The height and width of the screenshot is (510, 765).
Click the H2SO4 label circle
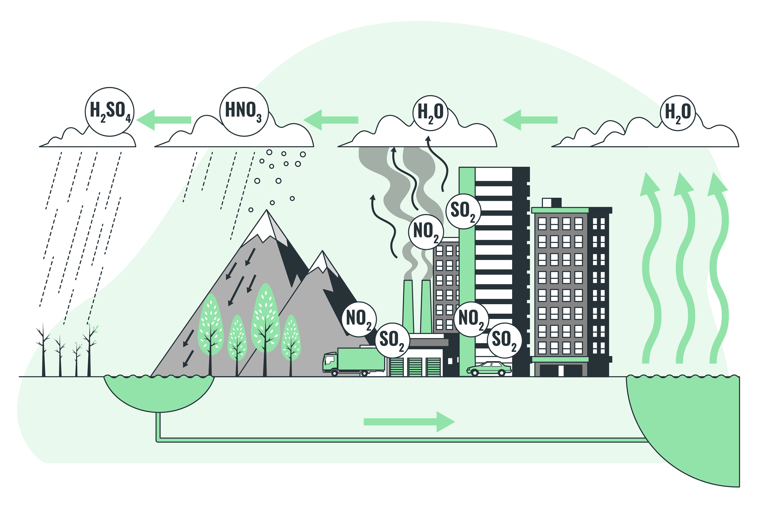(110, 112)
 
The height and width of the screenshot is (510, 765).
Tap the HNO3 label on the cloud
(244, 112)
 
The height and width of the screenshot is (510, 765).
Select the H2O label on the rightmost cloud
(678, 113)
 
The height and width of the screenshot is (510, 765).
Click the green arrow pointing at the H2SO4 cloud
(164, 120)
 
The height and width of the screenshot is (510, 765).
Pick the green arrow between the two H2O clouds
(530, 120)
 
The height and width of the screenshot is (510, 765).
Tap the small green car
(489, 368)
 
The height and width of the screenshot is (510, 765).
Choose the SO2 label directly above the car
(504, 340)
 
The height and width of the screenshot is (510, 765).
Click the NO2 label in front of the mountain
(359, 319)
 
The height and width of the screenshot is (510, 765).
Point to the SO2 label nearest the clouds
(463, 211)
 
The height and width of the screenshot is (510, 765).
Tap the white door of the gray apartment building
(561, 371)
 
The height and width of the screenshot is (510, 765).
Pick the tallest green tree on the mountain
(266, 317)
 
